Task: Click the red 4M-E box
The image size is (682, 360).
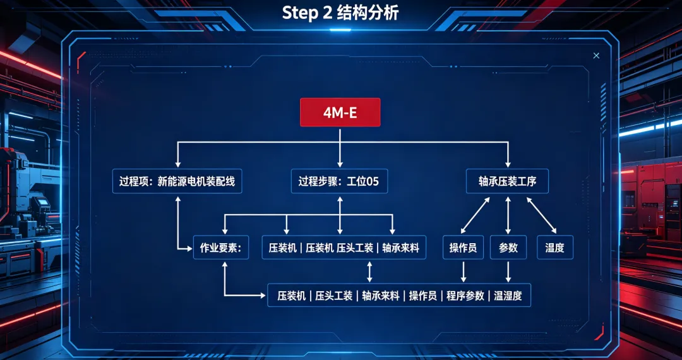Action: (x=340, y=112)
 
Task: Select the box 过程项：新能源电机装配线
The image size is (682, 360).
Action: (x=177, y=181)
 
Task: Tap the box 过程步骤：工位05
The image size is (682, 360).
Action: (x=339, y=181)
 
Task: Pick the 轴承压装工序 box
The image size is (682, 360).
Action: (x=507, y=181)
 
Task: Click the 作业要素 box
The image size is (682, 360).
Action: (x=221, y=248)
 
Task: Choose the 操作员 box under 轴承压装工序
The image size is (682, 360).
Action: (x=464, y=248)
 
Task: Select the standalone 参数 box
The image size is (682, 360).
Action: (x=508, y=248)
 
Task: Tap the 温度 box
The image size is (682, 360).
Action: (x=555, y=248)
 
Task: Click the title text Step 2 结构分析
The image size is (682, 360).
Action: (x=340, y=13)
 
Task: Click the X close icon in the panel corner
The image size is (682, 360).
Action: (x=596, y=56)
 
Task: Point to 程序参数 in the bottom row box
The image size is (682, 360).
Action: (x=465, y=296)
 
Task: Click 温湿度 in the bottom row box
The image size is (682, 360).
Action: (x=508, y=296)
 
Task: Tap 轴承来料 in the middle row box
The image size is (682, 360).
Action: (x=400, y=248)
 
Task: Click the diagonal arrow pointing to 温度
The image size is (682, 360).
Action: (x=542, y=215)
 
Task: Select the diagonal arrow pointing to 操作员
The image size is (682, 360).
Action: (x=475, y=215)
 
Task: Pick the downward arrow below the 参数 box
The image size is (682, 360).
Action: (x=508, y=272)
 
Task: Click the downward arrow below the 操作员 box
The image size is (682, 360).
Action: (x=464, y=272)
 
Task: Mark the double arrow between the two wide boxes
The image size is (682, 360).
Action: (x=369, y=272)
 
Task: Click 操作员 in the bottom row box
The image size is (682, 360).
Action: (x=422, y=296)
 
